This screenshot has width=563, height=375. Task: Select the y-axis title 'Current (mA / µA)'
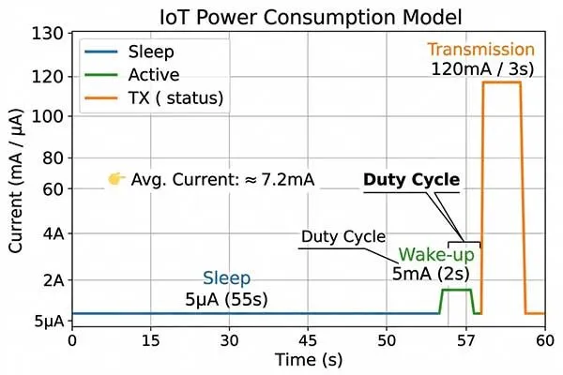pos(17,178)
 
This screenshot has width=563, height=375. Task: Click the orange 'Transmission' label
pos(480,50)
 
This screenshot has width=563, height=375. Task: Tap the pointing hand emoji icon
pos(116,179)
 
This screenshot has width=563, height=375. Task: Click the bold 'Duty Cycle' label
pos(411,180)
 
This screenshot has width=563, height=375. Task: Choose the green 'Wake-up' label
pos(436,255)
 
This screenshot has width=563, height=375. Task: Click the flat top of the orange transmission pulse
pos(501,82)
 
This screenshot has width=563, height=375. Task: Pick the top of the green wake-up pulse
pos(456,290)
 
